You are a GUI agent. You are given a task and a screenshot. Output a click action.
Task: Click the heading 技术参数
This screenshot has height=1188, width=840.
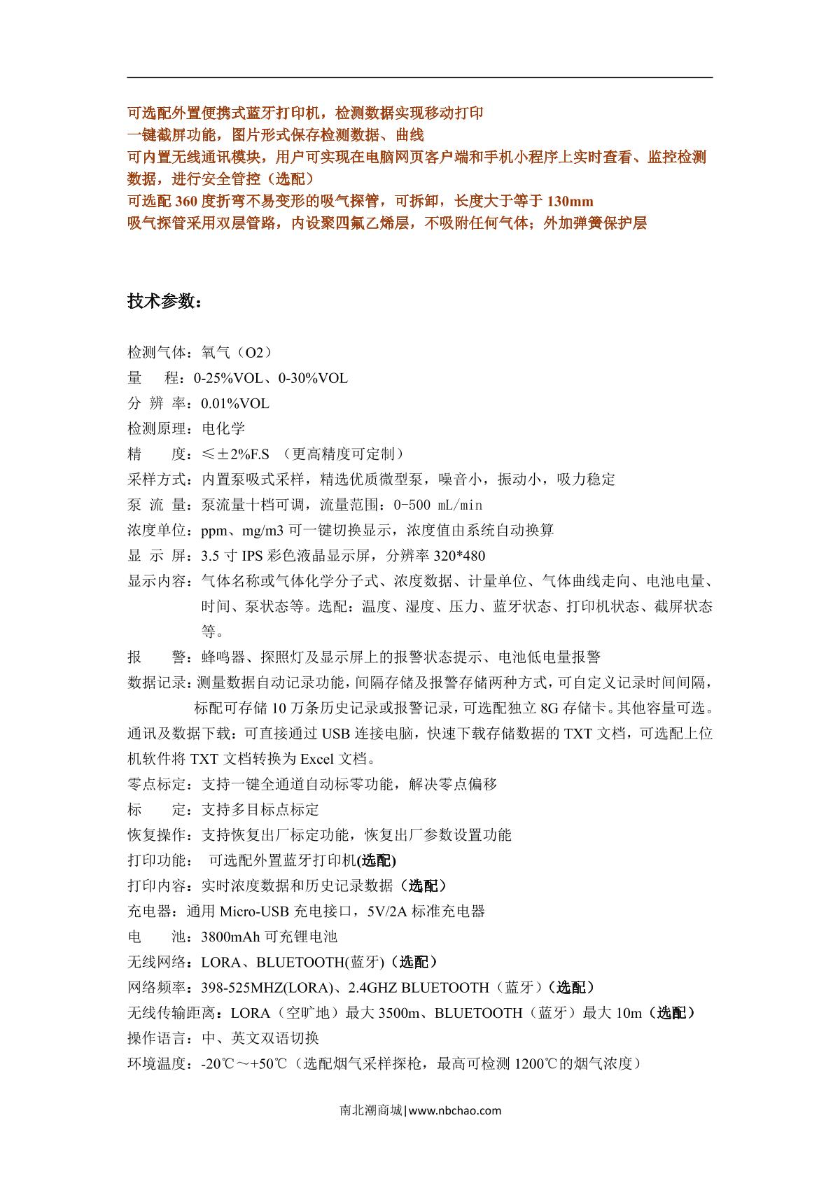coord(165,301)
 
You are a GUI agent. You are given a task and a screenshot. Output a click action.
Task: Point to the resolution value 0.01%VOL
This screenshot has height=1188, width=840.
coord(235,404)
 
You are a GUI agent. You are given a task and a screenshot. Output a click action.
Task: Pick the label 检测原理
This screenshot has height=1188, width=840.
coord(157,429)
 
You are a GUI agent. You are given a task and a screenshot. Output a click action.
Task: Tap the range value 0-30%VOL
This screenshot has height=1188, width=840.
coord(313,379)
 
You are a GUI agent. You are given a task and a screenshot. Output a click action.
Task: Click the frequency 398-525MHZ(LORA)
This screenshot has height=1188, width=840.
coord(266,988)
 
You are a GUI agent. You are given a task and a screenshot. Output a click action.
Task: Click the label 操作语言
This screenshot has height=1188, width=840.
coord(157,1038)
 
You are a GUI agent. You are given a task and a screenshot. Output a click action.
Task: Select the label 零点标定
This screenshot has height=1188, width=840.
coord(157,784)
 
